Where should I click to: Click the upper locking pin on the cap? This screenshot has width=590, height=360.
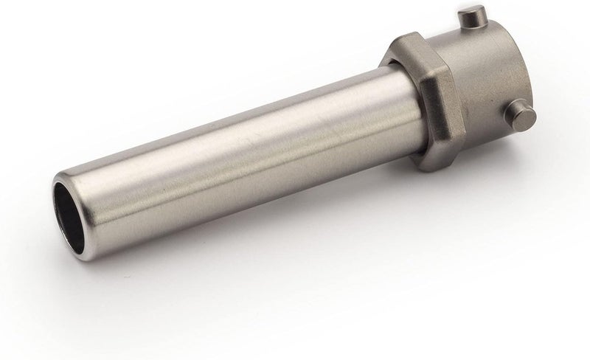469,16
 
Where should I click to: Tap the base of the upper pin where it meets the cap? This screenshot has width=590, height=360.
466,28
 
